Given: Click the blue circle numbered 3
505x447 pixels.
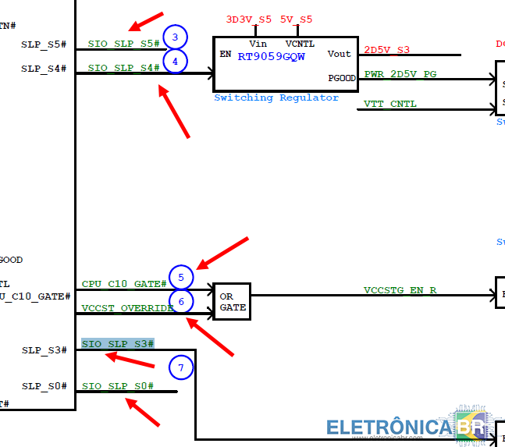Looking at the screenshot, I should point(176,37).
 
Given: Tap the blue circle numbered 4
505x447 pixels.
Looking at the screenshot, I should point(176,61).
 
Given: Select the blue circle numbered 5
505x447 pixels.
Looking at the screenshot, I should point(180,277).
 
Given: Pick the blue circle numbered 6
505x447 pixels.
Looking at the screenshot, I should point(180,302).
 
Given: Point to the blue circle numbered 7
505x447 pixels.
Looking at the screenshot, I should point(180,367).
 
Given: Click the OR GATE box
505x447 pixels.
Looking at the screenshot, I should point(232,302).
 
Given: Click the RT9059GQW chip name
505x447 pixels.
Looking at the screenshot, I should point(271,56).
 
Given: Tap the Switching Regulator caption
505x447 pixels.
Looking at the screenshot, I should point(276,98).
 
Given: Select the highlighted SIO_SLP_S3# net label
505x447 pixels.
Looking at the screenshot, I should point(118,344).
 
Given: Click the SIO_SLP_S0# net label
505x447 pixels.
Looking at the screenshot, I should point(118,386).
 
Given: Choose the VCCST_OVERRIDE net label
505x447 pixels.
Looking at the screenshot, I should point(127,308).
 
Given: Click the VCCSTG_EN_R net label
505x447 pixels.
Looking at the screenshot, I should point(400,290).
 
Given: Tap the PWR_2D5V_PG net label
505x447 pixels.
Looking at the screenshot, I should point(400,73).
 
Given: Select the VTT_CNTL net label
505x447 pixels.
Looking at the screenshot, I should point(390,104).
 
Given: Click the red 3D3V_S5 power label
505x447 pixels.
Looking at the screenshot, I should point(249,19).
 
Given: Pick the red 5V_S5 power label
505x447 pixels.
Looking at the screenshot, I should point(296,19).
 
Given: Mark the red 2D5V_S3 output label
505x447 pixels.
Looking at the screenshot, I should point(386,50).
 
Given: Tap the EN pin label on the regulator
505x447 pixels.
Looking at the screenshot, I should point(226,55).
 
